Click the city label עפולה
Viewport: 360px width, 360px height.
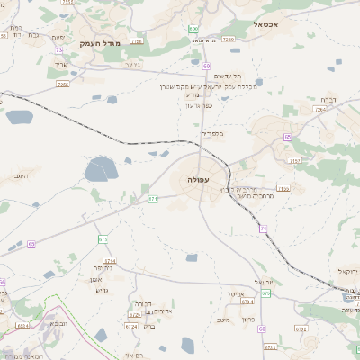(199, 181)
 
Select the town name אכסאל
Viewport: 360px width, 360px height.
(278, 24)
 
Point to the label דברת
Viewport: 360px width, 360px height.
(328, 101)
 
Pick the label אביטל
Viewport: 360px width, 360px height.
(237, 293)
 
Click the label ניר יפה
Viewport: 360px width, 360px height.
(101, 268)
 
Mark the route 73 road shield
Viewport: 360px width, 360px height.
(58, 50)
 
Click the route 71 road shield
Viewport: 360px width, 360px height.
(264, 229)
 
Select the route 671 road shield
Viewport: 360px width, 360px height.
(153, 198)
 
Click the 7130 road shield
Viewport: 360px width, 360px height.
(284, 188)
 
